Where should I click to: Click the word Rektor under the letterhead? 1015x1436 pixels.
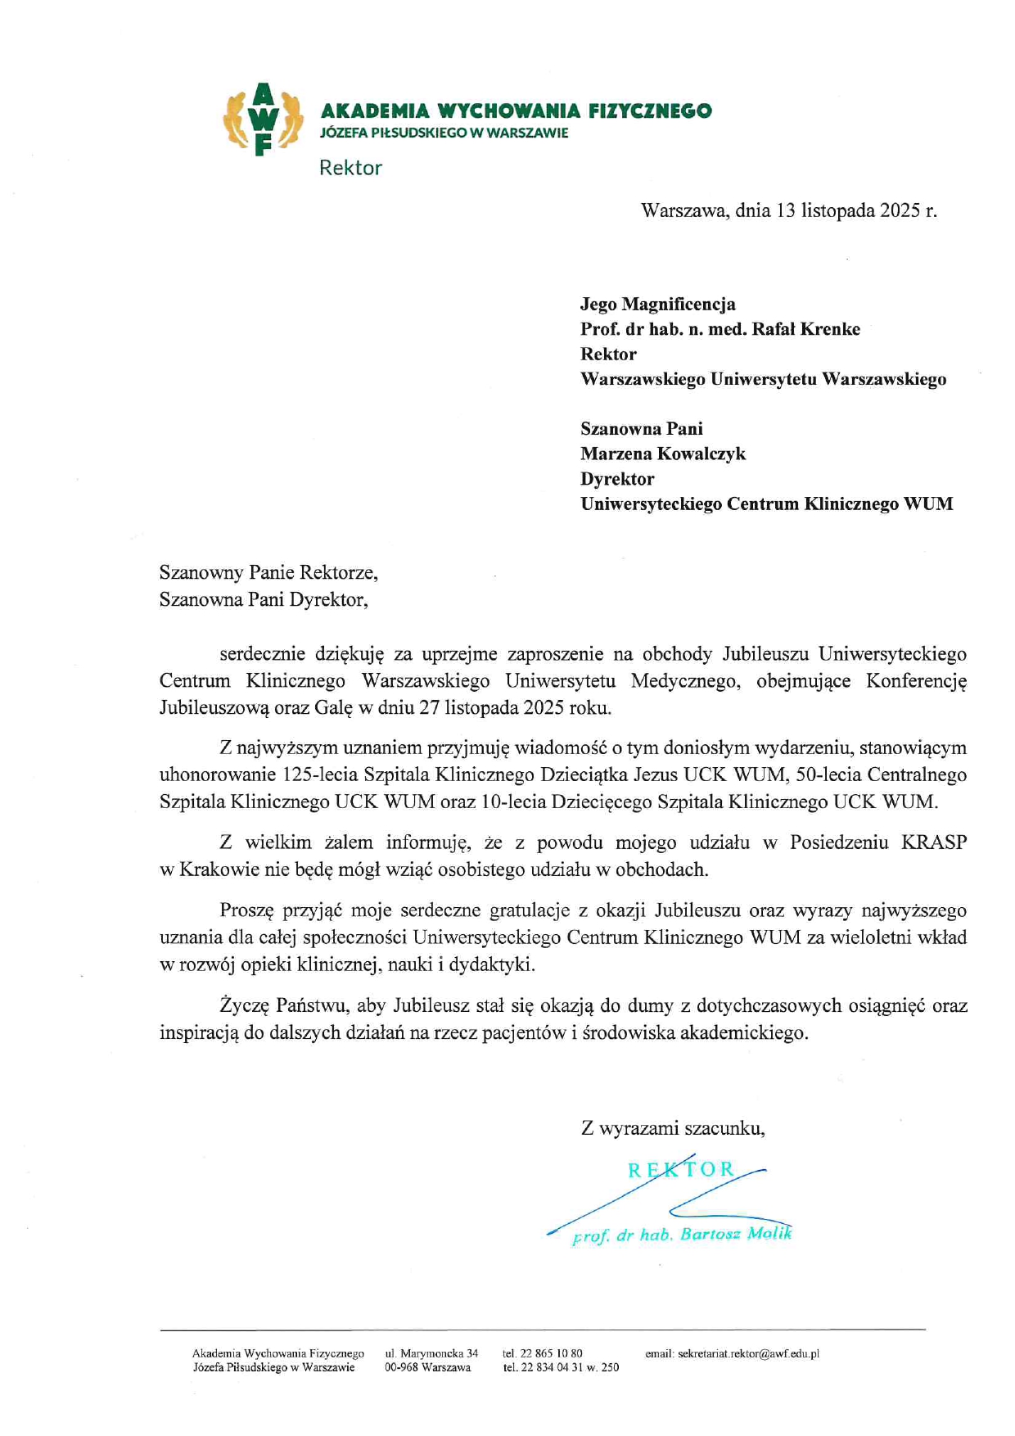pyautogui.click(x=350, y=168)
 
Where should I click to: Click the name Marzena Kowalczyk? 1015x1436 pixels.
pyautogui.click(x=663, y=454)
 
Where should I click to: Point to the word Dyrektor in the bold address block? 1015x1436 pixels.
pyautogui.click(x=617, y=479)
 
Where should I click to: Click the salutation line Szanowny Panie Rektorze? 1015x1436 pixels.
pyautogui.click(x=268, y=572)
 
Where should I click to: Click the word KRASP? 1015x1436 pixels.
pyautogui.click(x=934, y=842)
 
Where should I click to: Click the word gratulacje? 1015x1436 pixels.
pyautogui.click(x=530, y=910)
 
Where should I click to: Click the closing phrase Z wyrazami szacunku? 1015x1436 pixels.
pyautogui.click(x=673, y=1128)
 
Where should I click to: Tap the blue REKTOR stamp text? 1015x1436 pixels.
pyautogui.click(x=681, y=1169)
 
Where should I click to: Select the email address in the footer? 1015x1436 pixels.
pyautogui.click(x=733, y=1354)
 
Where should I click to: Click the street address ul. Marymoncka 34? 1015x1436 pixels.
pyautogui.click(x=431, y=1354)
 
